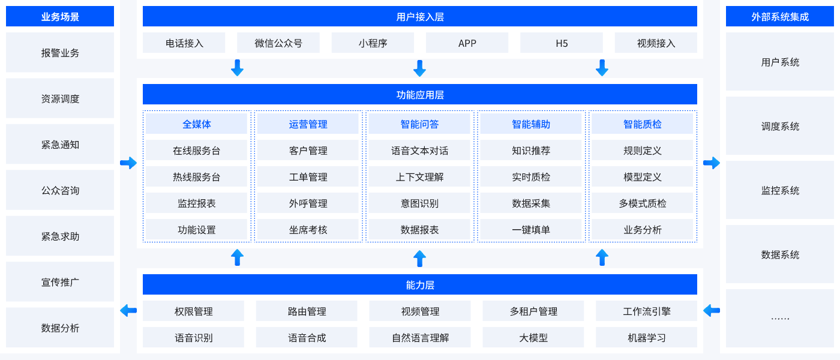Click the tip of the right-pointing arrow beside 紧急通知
tap(137, 163)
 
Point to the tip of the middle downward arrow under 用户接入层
tap(419, 77)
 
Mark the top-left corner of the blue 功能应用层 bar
tap(143, 84)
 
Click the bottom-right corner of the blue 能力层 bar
tap(697, 295)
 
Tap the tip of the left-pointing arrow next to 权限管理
tap(120, 311)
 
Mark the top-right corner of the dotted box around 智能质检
tap(697, 110)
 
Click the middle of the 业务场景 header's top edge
tap(60, 6)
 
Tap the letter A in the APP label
tap(461, 43)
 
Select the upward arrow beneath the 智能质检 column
tap(602, 257)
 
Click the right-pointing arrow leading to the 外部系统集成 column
tap(712, 163)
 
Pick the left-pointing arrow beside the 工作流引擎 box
tap(712, 311)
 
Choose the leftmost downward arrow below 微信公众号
tap(237, 68)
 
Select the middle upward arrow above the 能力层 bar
tap(419, 259)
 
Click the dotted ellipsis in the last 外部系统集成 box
tap(780, 319)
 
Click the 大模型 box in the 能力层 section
tap(533, 337)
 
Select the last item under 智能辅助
tap(531, 229)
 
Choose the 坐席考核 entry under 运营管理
tap(308, 229)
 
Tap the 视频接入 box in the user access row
tap(656, 43)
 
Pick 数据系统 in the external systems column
tap(780, 254)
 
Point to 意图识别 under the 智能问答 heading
tap(419, 203)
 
